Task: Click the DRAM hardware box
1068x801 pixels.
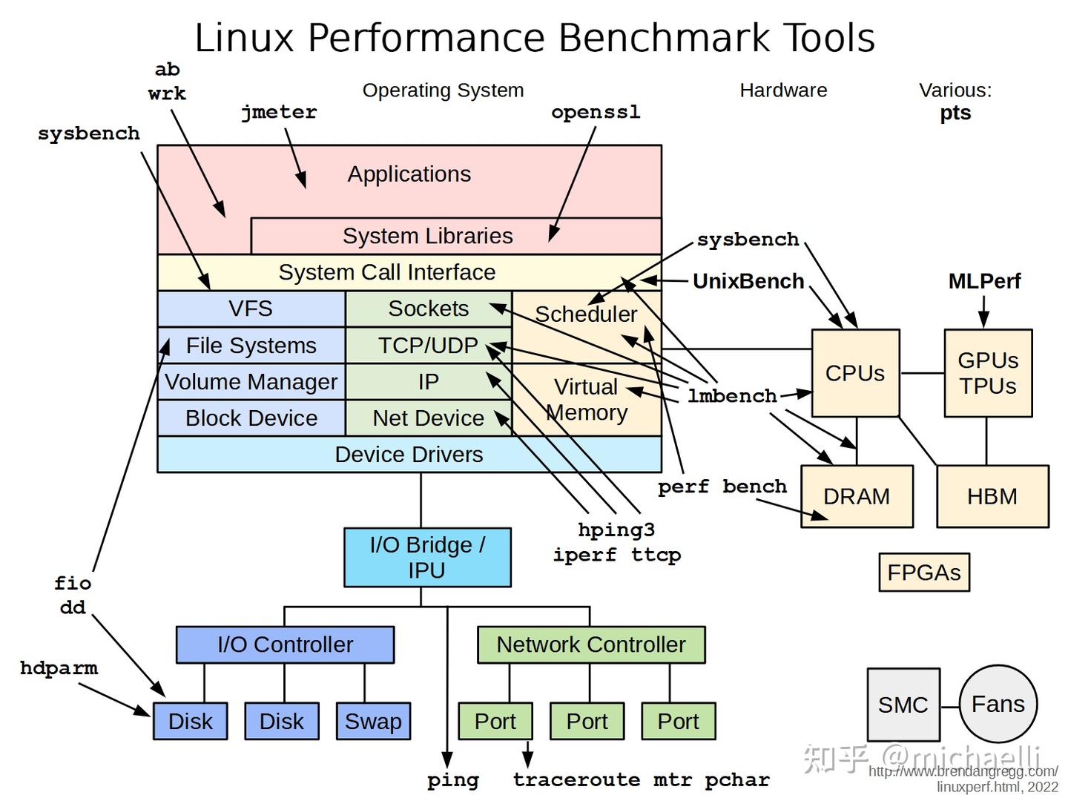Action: [x=857, y=496]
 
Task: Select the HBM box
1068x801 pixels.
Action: [x=992, y=496]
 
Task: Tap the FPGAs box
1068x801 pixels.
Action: [x=923, y=573]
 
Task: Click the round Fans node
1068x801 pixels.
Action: [x=998, y=704]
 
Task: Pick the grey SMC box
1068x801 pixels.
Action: [x=903, y=705]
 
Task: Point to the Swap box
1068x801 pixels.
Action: [x=373, y=721]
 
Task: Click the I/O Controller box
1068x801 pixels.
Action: [x=285, y=645]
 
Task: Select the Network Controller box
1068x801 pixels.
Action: [x=590, y=645]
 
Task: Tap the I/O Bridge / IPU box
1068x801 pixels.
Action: [x=427, y=558]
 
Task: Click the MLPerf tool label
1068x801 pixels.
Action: [x=984, y=281]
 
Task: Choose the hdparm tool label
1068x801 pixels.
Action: [x=59, y=667]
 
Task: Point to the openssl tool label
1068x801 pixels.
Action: [x=596, y=112]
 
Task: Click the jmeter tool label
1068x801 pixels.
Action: [x=279, y=112]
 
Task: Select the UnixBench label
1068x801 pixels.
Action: [x=748, y=281]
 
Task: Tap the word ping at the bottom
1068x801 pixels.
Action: [x=452, y=780]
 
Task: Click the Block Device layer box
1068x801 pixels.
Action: [x=251, y=418]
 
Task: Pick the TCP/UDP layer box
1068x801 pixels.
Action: [x=428, y=346]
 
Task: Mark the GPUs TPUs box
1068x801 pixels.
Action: [x=988, y=373]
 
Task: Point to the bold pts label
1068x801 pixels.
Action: [x=955, y=113]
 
